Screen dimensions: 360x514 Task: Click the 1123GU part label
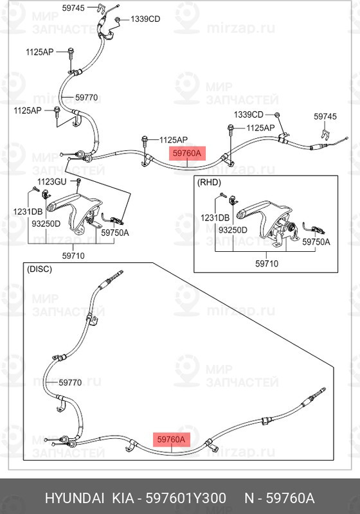52,182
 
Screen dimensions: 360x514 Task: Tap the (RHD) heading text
209,182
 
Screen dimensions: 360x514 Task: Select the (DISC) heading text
39,269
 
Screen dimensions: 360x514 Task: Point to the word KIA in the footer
123,499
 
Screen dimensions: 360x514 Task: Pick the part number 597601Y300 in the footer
186,499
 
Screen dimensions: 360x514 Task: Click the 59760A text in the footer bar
290,499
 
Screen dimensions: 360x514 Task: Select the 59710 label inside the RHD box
267,263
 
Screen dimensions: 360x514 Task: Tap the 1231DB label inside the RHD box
215,218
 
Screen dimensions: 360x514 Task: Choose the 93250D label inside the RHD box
233,230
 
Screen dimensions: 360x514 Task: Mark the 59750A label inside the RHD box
316,242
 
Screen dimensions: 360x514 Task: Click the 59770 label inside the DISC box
70,382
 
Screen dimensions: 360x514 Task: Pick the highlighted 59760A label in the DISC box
171,439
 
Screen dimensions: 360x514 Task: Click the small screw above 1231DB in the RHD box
222,195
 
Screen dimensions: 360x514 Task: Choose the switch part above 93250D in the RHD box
233,199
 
